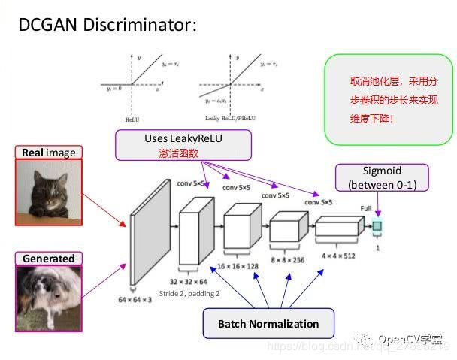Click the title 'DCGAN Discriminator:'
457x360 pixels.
(x=107, y=25)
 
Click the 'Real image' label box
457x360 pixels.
(x=49, y=153)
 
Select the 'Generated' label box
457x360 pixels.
(x=48, y=259)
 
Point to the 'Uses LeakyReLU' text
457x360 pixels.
(x=183, y=138)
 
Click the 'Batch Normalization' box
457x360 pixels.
(x=268, y=324)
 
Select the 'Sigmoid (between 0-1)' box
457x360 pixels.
(x=382, y=177)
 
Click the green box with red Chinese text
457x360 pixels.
(x=388, y=98)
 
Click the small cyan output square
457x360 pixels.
(x=377, y=225)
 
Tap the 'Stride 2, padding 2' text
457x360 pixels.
(x=189, y=293)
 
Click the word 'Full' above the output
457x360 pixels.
(x=367, y=207)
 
